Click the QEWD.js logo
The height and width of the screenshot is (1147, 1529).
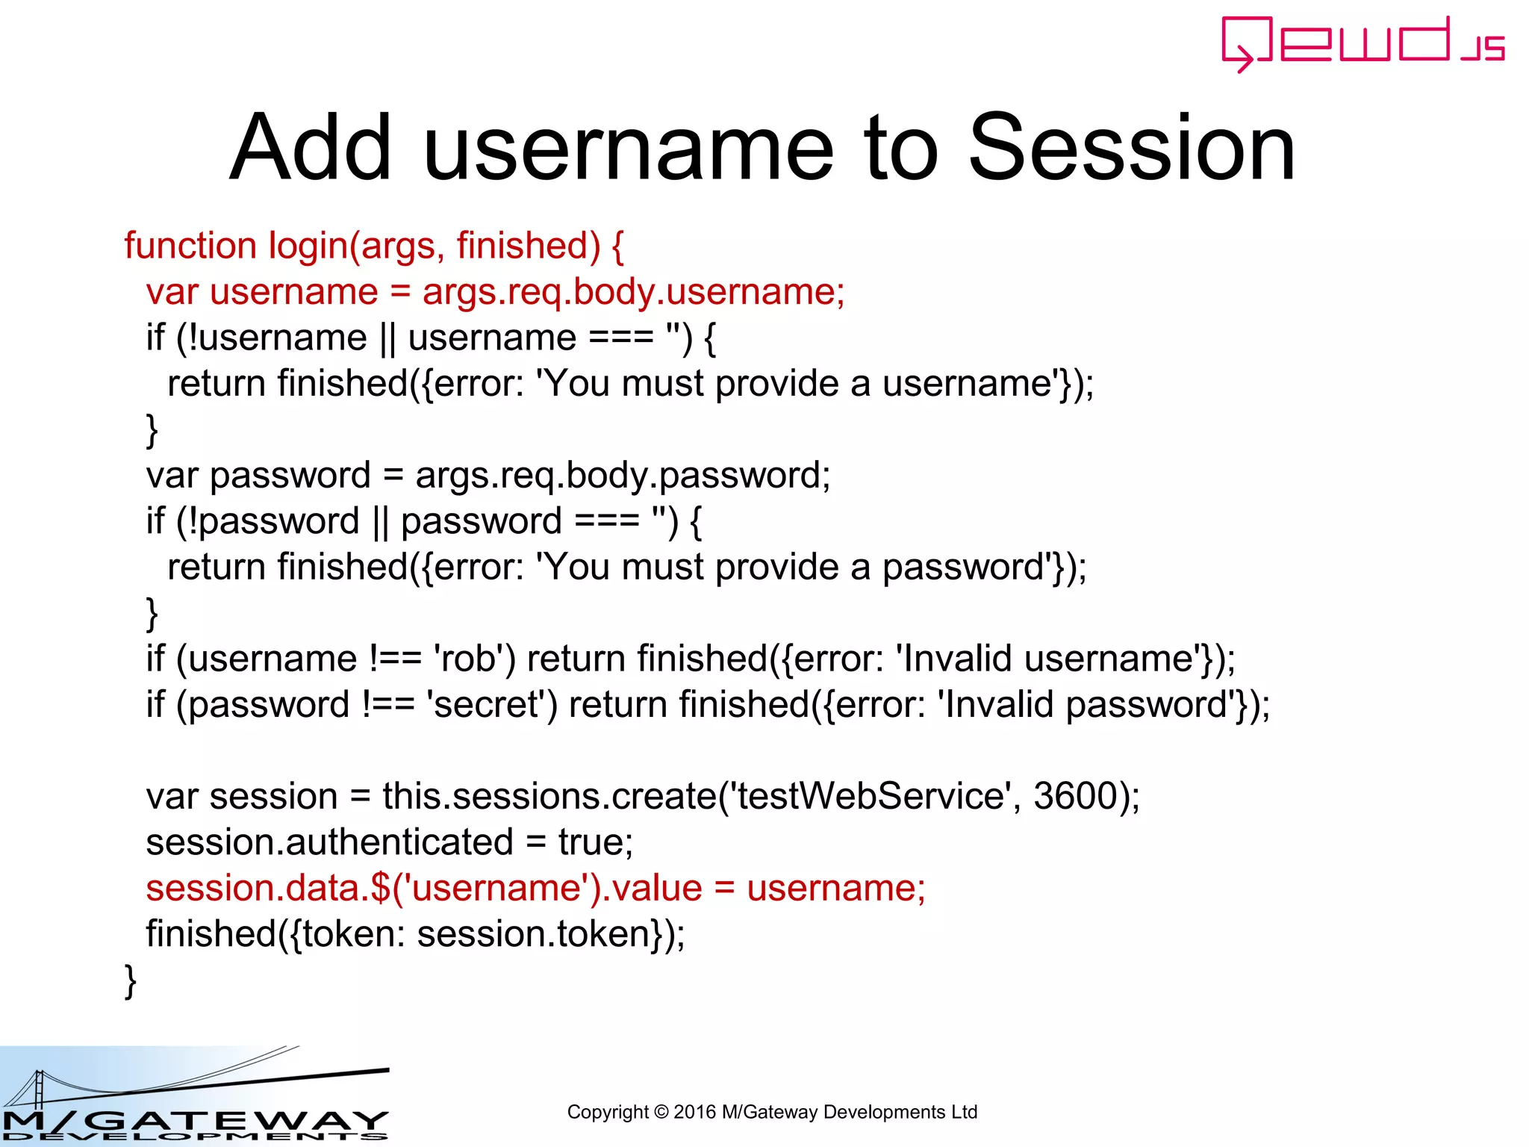coord(1363,43)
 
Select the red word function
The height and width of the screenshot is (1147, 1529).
coord(190,246)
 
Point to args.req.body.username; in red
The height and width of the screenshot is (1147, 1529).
coord(633,292)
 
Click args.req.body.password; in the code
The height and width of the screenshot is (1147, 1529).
coord(623,476)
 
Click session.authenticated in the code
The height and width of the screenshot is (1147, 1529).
coord(329,842)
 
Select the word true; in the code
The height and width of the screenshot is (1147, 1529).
coord(595,842)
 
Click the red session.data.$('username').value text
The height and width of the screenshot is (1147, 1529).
coord(423,889)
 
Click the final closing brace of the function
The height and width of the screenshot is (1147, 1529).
coord(131,980)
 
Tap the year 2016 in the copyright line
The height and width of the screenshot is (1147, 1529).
coord(694,1112)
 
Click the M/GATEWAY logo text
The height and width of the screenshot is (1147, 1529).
coord(194,1121)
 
